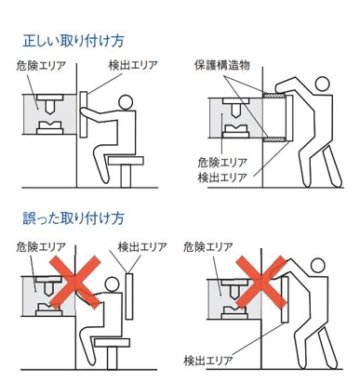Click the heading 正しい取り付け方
(73, 41)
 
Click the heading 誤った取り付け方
(73, 218)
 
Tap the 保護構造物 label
(222, 65)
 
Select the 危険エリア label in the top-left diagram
(41, 66)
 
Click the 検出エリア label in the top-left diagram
(133, 65)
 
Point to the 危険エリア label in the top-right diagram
(222, 162)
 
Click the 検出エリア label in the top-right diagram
(222, 177)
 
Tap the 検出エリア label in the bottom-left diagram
(142, 247)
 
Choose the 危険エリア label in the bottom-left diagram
(41, 247)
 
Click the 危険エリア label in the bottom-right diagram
(208, 247)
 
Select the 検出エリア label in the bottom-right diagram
(208, 361)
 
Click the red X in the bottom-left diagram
(75, 282)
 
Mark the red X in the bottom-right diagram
(260, 282)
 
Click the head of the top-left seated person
(126, 102)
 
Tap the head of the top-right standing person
(322, 84)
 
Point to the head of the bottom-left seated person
(112, 284)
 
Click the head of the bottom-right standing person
(317, 266)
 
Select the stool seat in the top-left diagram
(126, 161)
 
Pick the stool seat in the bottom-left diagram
(112, 342)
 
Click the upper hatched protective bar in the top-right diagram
(274, 96)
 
